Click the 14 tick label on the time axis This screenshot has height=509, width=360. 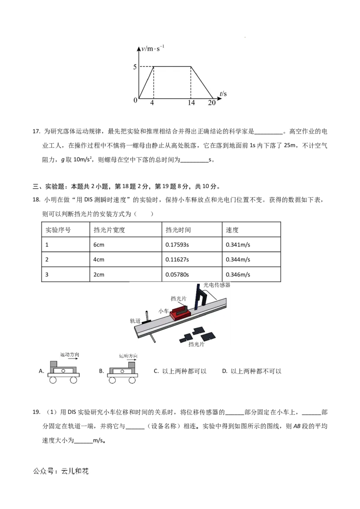pyautogui.click(x=191, y=103)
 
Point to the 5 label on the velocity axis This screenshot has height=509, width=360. pyautogui.click(x=135, y=67)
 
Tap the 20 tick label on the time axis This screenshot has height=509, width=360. pyautogui.click(x=211, y=103)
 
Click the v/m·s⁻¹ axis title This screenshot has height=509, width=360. pyautogui.click(x=153, y=49)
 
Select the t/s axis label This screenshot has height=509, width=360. pyautogui.click(x=223, y=94)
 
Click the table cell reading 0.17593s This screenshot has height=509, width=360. pyautogui.click(x=177, y=245)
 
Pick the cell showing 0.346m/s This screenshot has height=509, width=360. pyautogui.click(x=238, y=275)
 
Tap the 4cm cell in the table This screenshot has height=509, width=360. pyautogui.click(x=99, y=260)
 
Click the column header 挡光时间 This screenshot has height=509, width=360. pyautogui.click(x=178, y=230)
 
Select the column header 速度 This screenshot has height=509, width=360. pyautogui.click(x=232, y=230)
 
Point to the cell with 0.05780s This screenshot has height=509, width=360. pyautogui.click(x=177, y=275)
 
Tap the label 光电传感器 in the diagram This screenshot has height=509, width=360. pyautogui.click(x=217, y=285)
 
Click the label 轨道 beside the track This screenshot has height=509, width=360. pyautogui.click(x=135, y=321)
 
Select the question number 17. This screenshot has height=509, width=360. pyautogui.click(x=36, y=131)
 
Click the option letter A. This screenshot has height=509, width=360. pyautogui.click(x=41, y=371)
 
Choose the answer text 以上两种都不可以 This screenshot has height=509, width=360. pyautogui.click(x=256, y=371)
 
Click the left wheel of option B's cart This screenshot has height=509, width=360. pyautogui.click(x=112, y=380)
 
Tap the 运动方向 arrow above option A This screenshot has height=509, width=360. pyautogui.click(x=70, y=358)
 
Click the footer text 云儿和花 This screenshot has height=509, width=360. pyautogui.click(x=75, y=471)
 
